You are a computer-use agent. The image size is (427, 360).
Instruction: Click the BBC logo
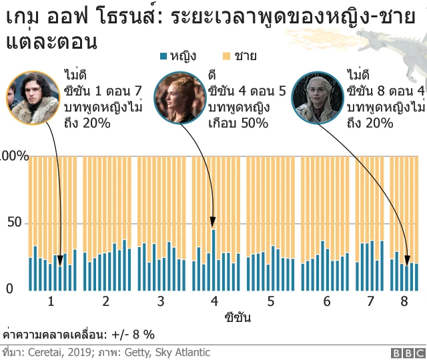[x=408, y=353]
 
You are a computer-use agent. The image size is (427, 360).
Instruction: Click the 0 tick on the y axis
[x=9, y=289]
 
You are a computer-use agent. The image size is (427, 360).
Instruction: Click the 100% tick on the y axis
[x=14, y=156]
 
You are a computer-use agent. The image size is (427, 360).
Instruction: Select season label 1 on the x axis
[x=51, y=301]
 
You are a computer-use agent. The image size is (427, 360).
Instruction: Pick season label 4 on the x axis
[x=214, y=301]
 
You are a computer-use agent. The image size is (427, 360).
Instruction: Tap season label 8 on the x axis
[x=404, y=301]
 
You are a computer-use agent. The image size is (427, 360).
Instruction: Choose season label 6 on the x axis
[x=326, y=301]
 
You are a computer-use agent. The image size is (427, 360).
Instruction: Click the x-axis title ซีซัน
[x=238, y=317]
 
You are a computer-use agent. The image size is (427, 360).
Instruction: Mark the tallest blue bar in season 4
[x=213, y=260]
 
